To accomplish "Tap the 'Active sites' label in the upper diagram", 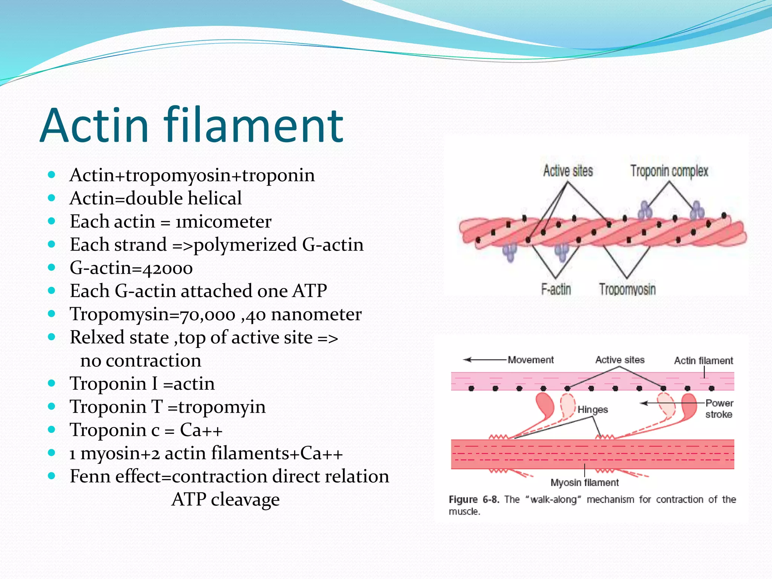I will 568,171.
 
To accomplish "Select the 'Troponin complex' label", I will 669,171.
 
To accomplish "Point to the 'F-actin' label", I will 556,289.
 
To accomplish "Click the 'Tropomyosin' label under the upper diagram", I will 627,289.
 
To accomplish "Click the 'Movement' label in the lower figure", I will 531,360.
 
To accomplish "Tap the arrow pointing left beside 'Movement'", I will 484,360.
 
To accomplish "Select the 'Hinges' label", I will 593,409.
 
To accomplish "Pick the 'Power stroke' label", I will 719,409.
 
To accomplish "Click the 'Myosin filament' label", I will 584,482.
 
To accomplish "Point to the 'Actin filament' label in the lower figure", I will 703,361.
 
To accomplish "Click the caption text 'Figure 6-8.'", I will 474,499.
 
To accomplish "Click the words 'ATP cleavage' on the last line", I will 225,499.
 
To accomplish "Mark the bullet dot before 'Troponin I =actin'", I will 52,383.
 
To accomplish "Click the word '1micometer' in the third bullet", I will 223,222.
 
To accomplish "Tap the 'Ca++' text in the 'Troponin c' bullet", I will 201,430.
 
